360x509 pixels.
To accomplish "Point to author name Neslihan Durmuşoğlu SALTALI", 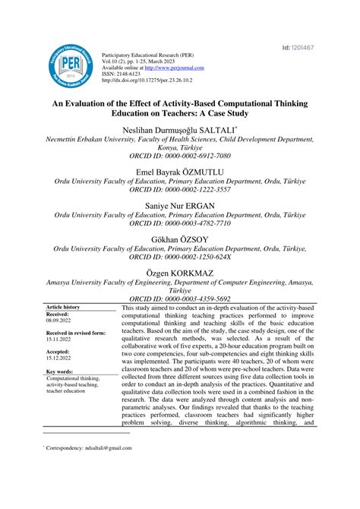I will [181, 131].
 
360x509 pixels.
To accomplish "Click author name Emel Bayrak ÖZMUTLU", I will [180, 172].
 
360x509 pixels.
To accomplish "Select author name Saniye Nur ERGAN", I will [180, 206].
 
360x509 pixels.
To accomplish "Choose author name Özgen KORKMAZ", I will [180, 272].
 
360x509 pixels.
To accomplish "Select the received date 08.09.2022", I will [59, 322].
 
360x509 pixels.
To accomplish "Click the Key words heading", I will [60, 371].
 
